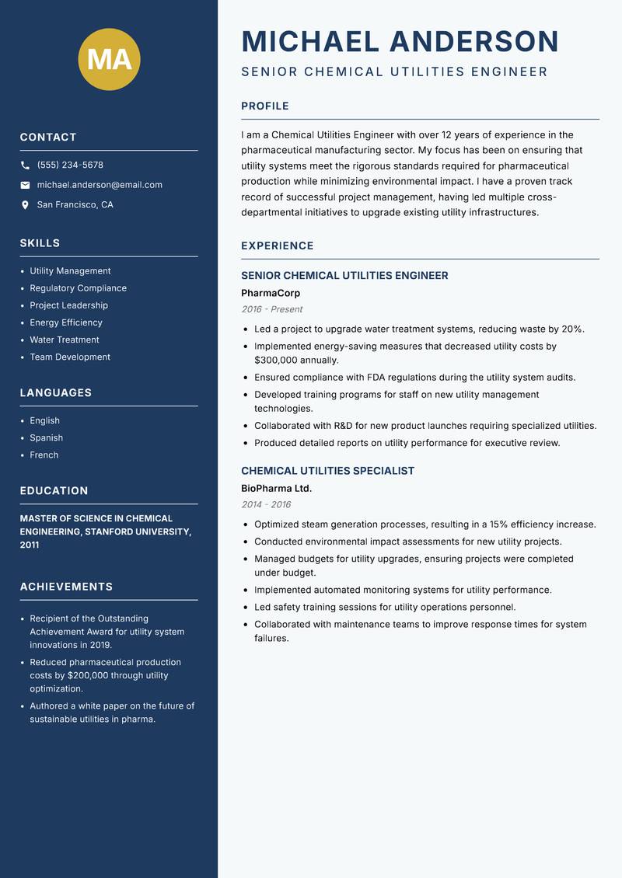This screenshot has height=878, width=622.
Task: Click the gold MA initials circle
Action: tap(110, 59)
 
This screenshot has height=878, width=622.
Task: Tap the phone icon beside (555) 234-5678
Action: tap(25, 165)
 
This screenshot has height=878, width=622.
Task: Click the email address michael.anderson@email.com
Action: tap(100, 185)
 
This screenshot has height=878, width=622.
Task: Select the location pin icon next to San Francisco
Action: tap(25, 205)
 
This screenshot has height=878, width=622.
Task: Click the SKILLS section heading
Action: tap(40, 243)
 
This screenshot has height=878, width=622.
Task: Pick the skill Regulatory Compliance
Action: tap(78, 288)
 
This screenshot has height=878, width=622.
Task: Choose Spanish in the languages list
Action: tap(46, 438)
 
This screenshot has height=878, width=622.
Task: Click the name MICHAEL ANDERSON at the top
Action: tap(400, 41)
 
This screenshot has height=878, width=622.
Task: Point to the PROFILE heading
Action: tap(264, 106)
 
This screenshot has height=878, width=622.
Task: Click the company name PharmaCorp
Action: tap(270, 294)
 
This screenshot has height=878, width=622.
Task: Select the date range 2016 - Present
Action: tap(271, 309)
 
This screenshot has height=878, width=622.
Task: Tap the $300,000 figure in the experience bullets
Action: tap(275, 361)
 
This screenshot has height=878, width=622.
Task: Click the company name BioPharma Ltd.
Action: tap(276, 489)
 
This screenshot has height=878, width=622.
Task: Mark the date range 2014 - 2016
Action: tap(266, 504)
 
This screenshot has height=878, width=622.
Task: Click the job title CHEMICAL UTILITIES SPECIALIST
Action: tap(327, 471)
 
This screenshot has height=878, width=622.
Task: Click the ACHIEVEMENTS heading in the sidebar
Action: tap(66, 587)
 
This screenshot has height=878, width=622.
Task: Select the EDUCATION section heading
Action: tap(54, 491)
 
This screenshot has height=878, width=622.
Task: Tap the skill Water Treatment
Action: tap(65, 340)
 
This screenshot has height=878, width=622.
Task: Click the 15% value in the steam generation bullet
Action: tap(499, 524)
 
